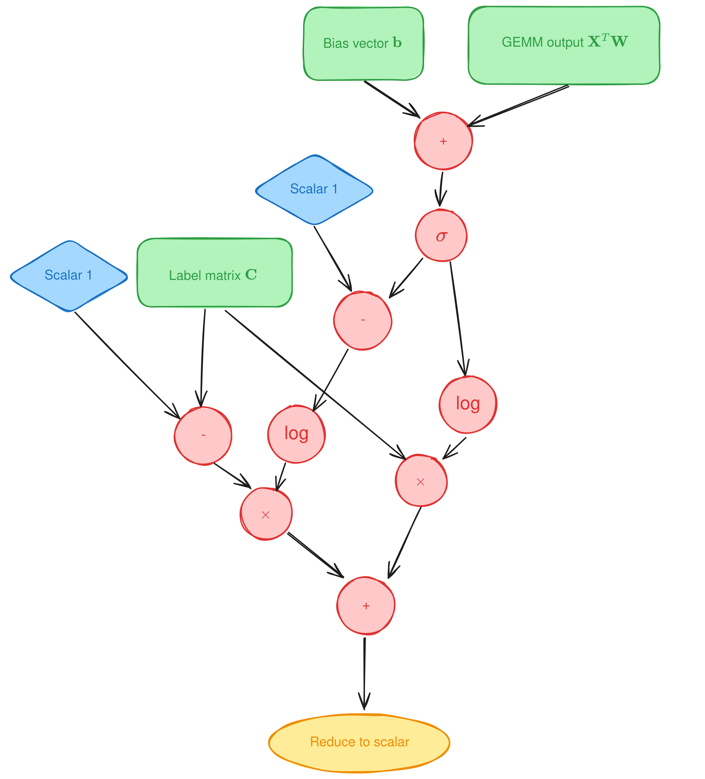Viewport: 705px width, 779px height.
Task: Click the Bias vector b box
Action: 363,43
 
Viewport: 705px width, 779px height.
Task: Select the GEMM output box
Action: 564,45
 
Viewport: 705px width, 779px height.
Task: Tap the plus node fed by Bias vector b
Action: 443,141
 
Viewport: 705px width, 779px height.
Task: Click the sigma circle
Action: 441,236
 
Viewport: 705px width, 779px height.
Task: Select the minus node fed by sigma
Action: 363,320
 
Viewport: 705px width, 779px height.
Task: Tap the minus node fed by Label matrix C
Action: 203,435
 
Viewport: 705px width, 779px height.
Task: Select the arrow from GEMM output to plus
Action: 518,105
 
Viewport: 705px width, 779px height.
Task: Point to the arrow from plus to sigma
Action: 440,189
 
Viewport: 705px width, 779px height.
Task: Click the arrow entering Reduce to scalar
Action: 364,674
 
